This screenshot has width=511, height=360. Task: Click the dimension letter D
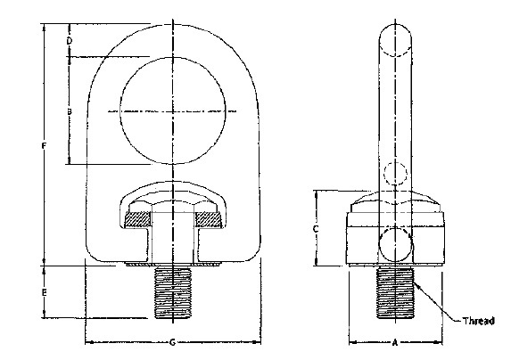point(69,41)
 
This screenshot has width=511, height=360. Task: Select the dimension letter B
point(69,110)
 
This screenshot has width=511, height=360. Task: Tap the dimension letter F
point(45,145)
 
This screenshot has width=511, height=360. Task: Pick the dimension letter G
point(170,343)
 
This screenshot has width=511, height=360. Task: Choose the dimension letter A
point(393,343)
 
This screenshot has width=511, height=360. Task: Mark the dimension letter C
point(317,228)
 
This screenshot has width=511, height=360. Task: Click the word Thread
point(476,321)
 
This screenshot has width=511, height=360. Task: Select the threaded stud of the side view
point(393,293)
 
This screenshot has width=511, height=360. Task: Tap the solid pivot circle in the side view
point(393,242)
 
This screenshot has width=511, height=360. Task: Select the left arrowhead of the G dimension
point(88,342)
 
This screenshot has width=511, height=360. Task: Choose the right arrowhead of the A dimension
point(437,342)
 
